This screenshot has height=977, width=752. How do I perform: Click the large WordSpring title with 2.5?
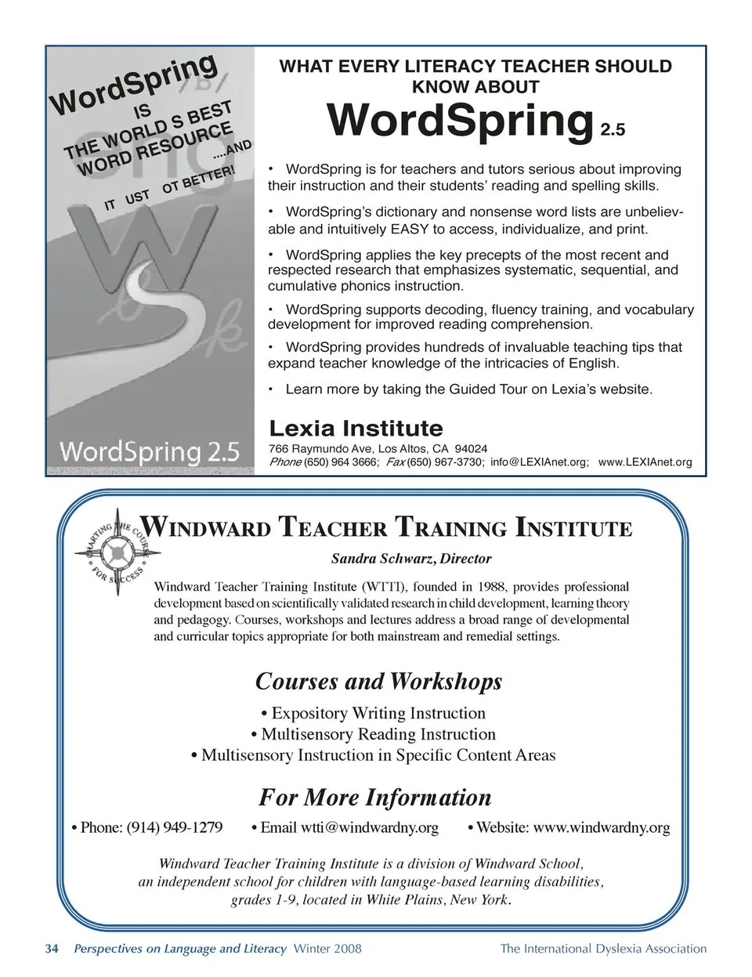click(475, 121)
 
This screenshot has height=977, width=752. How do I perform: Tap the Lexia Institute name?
click(356, 429)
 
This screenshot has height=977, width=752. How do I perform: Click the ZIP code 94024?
click(471, 449)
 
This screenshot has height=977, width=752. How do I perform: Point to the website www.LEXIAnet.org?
click(645, 462)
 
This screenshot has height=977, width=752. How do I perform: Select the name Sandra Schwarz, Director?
click(411, 559)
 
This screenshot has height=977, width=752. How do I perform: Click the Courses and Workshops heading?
click(378, 681)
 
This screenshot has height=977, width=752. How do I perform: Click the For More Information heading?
click(375, 798)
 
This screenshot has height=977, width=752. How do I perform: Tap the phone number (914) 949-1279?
click(174, 827)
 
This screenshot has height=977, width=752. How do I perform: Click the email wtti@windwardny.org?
click(370, 827)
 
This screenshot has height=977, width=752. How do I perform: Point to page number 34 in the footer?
click(52, 949)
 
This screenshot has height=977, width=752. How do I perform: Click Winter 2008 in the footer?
click(327, 949)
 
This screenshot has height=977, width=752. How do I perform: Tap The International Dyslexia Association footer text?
click(603, 949)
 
